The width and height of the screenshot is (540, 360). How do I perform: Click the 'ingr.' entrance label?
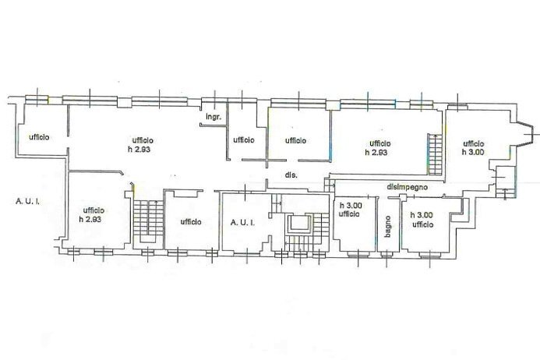click(214, 118)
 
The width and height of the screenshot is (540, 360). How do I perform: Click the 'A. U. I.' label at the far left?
click(28, 201)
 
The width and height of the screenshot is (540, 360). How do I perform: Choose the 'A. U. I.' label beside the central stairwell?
click(243, 222)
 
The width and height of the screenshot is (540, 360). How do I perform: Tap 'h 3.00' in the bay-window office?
click(473, 153)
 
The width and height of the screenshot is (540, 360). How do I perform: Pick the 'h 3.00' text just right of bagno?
click(423, 215)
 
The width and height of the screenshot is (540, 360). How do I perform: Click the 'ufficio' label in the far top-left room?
click(39, 137)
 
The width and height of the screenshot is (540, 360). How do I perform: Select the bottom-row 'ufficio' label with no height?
click(191, 222)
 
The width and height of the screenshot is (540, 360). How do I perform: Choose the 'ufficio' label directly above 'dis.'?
click(295, 140)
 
